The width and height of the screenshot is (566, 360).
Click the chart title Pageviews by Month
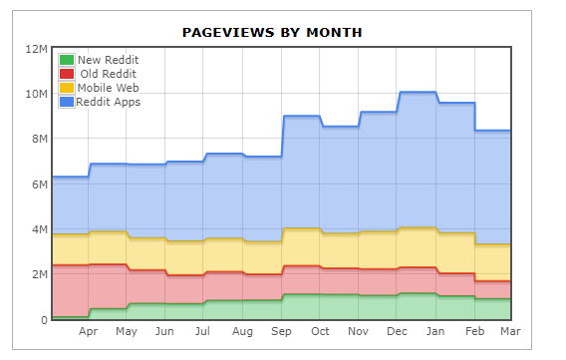[272, 33]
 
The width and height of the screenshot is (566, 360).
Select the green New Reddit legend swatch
[67, 60]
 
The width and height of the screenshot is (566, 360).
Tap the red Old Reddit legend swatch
[67, 74]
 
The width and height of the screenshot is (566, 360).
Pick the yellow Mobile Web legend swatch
[67, 88]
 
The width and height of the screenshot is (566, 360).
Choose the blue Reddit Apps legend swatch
[67, 102]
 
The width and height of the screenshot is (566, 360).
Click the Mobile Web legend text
[109, 88]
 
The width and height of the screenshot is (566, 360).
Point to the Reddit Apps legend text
[109, 102]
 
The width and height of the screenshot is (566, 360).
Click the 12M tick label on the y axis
[36, 49]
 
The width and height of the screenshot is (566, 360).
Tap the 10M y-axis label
[36, 94]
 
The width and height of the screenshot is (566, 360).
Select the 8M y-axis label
[40, 139]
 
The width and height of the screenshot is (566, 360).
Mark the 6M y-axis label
[40, 184]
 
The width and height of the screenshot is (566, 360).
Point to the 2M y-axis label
[40, 274]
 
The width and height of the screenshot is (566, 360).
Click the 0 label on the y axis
[44, 320]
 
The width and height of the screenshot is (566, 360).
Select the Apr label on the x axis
[88, 331]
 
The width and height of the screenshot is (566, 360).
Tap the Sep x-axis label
[281, 331]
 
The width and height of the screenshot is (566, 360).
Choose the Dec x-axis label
[397, 331]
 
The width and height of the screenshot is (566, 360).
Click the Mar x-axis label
[510, 331]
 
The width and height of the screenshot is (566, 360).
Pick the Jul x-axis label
[202, 331]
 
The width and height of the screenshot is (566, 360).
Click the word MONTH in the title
[334, 33]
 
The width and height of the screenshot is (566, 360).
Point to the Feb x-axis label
[474, 331]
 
